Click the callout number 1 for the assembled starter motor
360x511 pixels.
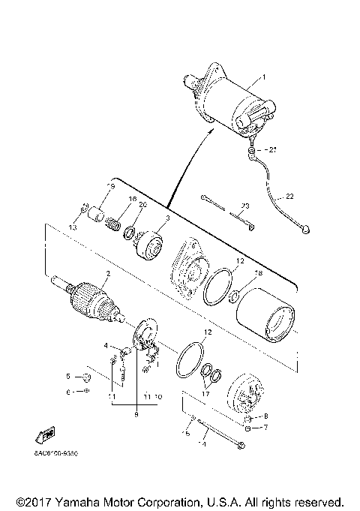(x=263, y=77)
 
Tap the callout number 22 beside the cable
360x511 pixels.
(x=290, y=196)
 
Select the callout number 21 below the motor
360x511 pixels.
(x=272, y=149)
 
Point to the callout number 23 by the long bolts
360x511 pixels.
(x=244, y=205)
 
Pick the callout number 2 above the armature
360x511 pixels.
(x=108, y=274)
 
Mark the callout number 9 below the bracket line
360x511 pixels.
(x=136, y=412)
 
